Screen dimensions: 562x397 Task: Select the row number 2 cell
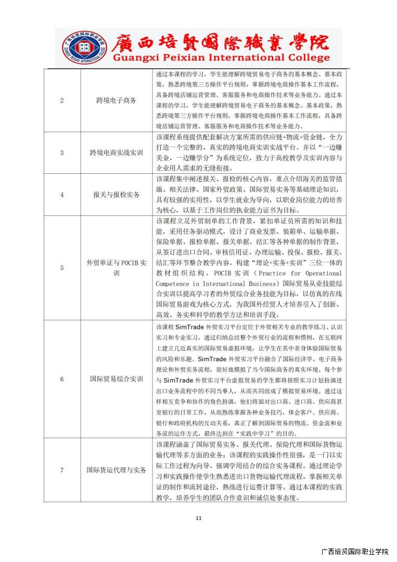62,100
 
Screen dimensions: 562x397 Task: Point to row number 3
62,153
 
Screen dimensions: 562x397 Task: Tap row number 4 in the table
62,195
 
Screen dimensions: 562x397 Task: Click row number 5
62,268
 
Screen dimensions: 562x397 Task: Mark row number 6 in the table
62,379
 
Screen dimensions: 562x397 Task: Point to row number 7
62,470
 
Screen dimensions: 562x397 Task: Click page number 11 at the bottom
198,518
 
